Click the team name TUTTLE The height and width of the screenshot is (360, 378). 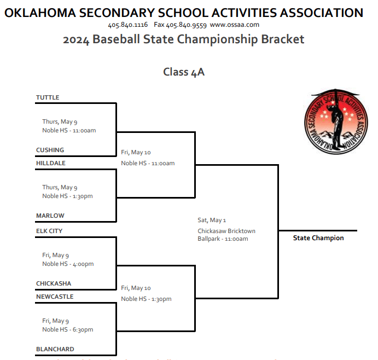click(48, 98)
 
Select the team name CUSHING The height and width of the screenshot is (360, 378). click(50, 150)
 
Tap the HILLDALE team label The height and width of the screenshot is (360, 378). click(51, 164)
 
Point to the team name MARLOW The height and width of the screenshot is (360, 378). click(50, 216)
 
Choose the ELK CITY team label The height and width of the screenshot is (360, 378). click(49, 231)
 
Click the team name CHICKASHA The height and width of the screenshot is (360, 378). click(54, 284)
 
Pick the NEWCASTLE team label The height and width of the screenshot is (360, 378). click(55, 297)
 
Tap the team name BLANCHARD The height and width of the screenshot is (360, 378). click(55, 350)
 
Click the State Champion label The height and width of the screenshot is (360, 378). click(318, 239)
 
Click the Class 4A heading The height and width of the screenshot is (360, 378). click(184, 72)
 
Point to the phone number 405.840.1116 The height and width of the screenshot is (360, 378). click(128, 25)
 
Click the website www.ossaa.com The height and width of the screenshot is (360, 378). click(234, 25)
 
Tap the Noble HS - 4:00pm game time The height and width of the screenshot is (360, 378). click(68, 264)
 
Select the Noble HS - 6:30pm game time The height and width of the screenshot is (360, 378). click(68, 330)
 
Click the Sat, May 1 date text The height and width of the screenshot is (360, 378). click(212, 220)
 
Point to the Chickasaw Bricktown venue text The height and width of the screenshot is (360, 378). click(226, 231)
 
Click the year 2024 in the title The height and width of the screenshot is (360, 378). click(75, 39)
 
